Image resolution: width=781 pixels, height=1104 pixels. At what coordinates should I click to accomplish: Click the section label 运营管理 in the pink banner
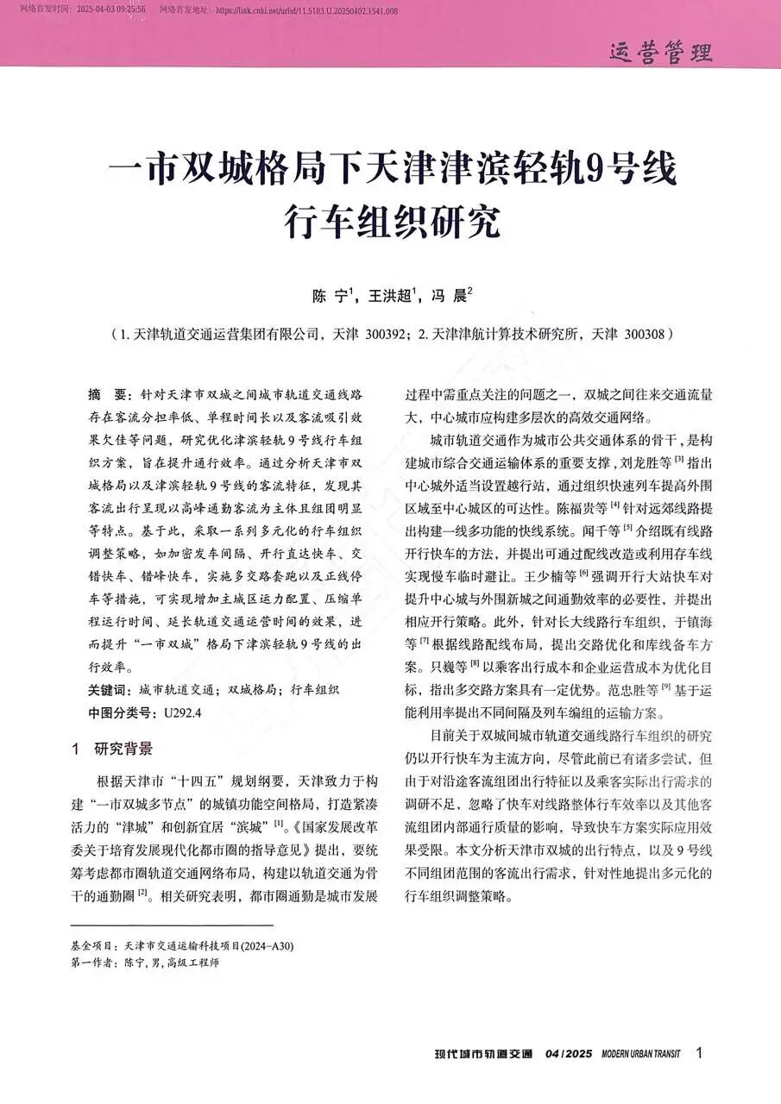coord(661,53)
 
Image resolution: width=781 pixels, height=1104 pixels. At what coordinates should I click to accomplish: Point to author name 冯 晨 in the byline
coord(450,297)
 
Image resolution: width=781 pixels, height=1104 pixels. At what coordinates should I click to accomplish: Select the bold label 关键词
coord(109,689)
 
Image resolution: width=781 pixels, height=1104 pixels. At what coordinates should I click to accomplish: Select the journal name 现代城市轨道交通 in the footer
coord(483,1053)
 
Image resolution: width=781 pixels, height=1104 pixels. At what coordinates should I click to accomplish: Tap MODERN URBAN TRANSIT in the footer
coord(640,1053)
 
